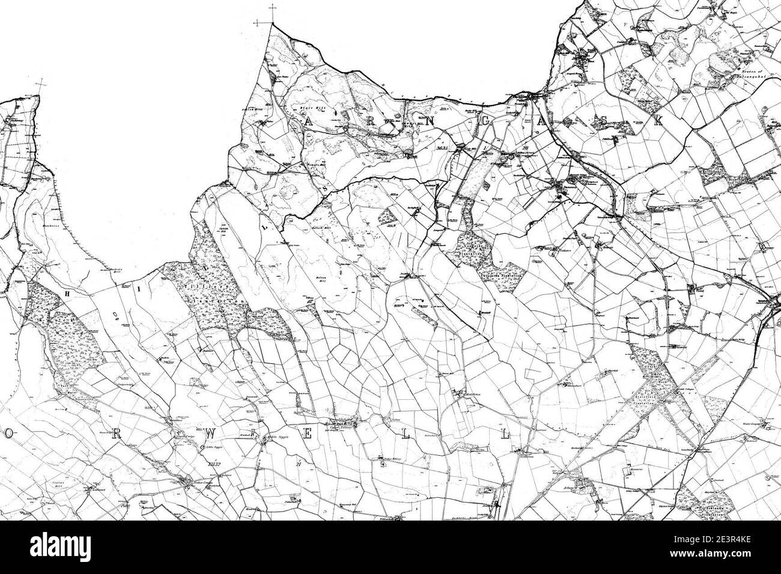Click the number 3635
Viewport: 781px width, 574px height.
(x=443, y=148)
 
